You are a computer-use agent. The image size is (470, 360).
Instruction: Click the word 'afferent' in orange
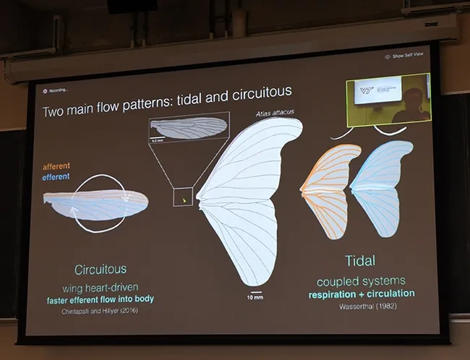coord(56,166)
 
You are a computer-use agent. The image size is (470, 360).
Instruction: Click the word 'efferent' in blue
coord(56,176)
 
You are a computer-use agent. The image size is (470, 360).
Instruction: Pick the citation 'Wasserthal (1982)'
coord(361,306)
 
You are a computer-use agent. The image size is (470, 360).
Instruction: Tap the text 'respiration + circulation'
coord(361,293)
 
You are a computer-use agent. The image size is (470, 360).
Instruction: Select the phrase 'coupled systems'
coord(361,280)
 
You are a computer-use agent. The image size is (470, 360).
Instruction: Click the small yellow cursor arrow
coord(184,199)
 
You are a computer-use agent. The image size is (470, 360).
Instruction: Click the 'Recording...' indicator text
coord(59,90)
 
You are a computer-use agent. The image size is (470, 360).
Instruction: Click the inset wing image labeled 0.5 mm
coord(188,128)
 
